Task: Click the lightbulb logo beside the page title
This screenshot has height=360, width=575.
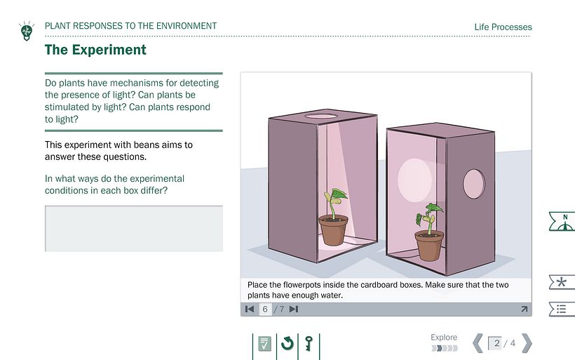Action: coord(27,31)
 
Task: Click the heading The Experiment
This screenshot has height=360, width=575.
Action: coord(95,50)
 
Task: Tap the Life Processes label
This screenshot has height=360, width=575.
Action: coord(503,27)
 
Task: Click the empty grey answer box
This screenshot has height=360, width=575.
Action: coord(134,228)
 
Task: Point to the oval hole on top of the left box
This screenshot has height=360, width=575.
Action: coord(321,116)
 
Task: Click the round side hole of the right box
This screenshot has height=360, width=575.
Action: coord(474,184)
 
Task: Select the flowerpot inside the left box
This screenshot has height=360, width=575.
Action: coord(333,229)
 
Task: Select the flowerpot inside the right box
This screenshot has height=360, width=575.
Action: coord(429,245)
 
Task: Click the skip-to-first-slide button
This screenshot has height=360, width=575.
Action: coord(250,309)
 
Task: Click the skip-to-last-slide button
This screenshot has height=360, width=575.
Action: coord(294,309)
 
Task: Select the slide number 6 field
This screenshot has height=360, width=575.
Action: coord(265,309)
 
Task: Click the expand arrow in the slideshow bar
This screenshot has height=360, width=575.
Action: coord(525,309)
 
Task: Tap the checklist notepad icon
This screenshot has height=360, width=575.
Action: coord(264,344)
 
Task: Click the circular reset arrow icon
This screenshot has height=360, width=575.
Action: coord(287,343)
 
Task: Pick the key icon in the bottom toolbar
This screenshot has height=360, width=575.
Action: coord(309,344)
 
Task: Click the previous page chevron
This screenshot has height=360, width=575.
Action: coord(478,343)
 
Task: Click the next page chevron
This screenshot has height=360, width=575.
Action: coord(527,343)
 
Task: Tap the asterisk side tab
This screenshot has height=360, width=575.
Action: coord(562,282)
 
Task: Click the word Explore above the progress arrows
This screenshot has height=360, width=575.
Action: coord(444,338)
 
